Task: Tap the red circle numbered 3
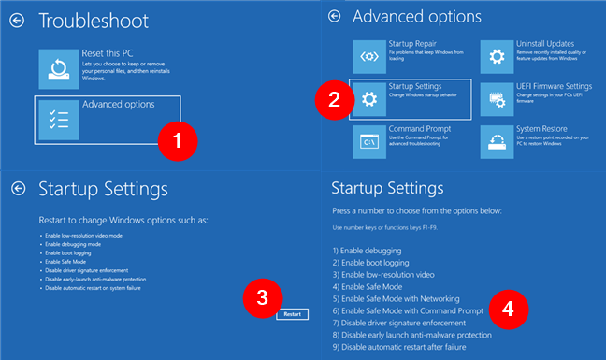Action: pyautogui.click(x=264, y=297)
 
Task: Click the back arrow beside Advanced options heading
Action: pyautogui.click(x=334, y=17)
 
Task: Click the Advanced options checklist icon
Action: pyautogui.click(x=58, y=121)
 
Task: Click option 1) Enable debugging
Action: pyautogui.click(x=368, y=252)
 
